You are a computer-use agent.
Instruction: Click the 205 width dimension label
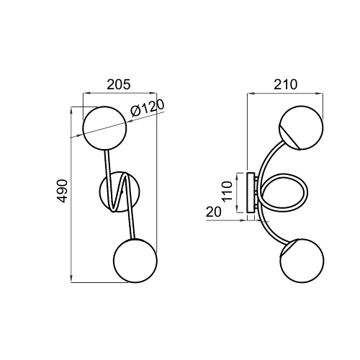119,84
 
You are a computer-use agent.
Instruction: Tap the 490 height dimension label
63,191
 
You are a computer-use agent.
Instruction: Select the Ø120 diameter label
148,108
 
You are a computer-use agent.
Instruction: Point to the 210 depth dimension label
286,84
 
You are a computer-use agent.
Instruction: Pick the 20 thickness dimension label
213,212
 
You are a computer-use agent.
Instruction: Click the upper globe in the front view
104,128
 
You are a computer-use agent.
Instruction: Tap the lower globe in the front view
135,261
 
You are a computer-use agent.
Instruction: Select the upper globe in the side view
301,127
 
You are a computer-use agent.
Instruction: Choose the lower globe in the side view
302,261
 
